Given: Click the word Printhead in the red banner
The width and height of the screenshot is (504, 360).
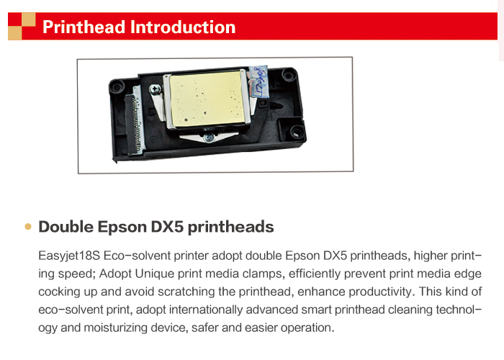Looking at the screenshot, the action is (x=84, y=27).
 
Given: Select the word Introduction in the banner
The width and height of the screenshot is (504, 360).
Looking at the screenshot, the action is (x=183, y=27).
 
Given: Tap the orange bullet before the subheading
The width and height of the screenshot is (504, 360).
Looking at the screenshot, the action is (x=28, y=227).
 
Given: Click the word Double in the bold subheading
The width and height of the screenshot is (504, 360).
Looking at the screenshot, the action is (x=66, y=227).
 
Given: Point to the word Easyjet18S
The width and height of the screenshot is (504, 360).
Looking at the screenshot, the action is (x=69, y=256).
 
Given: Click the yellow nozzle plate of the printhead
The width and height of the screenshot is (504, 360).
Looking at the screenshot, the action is (x=206, y=99).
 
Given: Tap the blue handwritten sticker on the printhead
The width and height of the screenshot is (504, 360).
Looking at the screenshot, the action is (x=260, y=81).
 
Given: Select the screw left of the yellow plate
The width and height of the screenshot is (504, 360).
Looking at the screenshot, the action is (x=156, y=89).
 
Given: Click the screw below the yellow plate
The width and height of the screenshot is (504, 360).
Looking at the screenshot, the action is (x=209, y=138).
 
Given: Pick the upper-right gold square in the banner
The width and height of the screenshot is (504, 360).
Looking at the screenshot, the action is (x=29, y=19).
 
